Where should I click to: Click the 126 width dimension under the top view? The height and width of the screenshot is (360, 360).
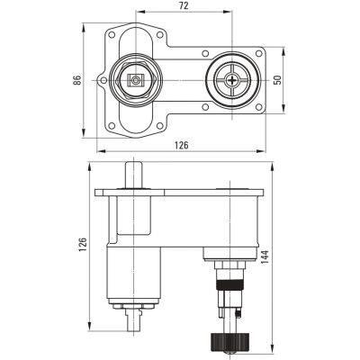181,145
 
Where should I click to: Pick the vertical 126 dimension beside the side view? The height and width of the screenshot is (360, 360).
83,244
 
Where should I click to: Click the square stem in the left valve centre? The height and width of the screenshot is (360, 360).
135,81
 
